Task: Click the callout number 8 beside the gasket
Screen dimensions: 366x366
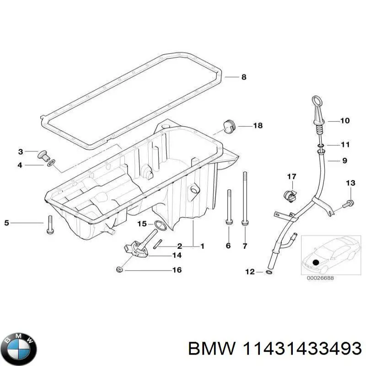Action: pos(244,77)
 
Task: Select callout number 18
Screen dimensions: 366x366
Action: pos(258,125)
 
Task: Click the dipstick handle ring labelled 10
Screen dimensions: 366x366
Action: pos(317,101)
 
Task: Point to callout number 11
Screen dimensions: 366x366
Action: pos(345,145)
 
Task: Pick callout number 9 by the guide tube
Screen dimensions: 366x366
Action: pos(344,161)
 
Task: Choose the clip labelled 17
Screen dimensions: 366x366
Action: pos(290,194)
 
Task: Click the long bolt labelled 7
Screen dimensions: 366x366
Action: pos(245,197)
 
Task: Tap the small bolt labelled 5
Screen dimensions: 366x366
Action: pos(50,224)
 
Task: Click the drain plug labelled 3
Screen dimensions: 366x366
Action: pos(43,154)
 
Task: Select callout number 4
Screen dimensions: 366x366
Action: pos(20,165)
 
